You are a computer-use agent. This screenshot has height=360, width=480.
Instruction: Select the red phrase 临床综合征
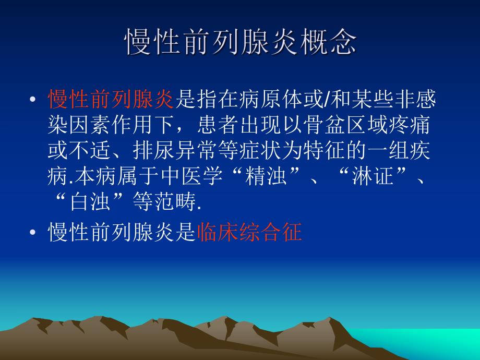point(250,232)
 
